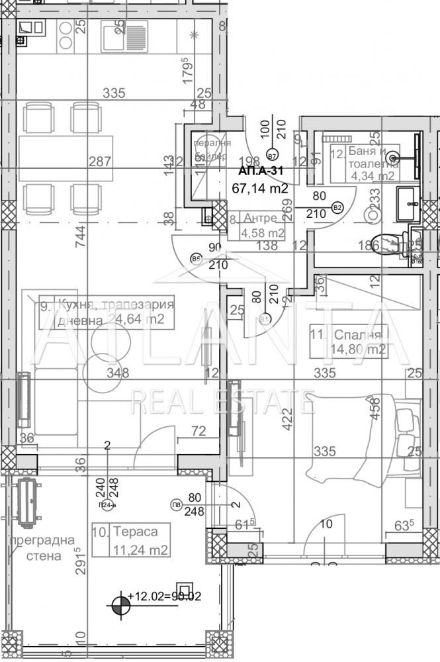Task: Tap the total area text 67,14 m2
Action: pyautogui.click(x=260, y=188)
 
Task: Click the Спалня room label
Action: pyautogui.click(x=358, y=334)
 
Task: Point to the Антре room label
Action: pyautogui.click(x=260, y=218)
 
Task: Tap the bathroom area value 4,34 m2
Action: pyautogui.click(x=373, y=176)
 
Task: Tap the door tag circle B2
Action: pyautogui.click(x=337, y=207)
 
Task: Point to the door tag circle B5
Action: pyautogui.click(x=196, y=259)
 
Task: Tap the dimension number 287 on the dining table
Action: pyautogui.click(x=101, y=161)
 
